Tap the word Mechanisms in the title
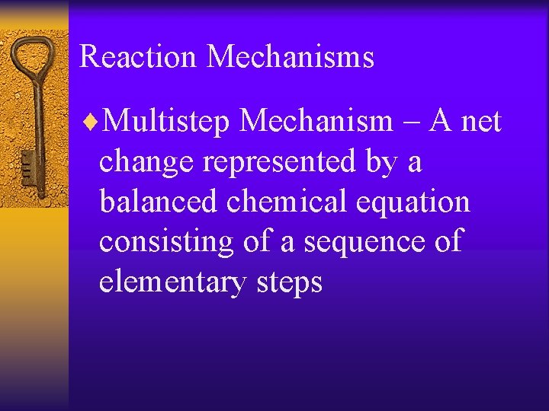point(291,57)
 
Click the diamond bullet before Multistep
point(93,121)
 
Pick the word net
point(480,120)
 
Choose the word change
point(145,162)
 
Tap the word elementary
point(173,283)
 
